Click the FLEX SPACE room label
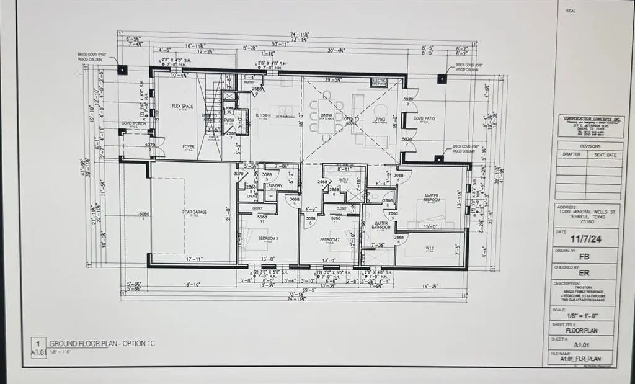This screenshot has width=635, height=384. [182, 106]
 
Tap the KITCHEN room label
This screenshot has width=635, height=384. [264, 115]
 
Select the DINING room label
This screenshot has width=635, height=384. [326, 115]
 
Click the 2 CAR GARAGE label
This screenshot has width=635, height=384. [194, 212]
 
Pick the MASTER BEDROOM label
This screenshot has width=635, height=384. [432, 199]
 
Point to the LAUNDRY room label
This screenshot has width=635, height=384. [274, 184]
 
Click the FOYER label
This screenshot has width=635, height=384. [189, 147]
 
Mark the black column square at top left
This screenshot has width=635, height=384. [122, 70]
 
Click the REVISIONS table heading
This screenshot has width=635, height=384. [589, 146]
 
